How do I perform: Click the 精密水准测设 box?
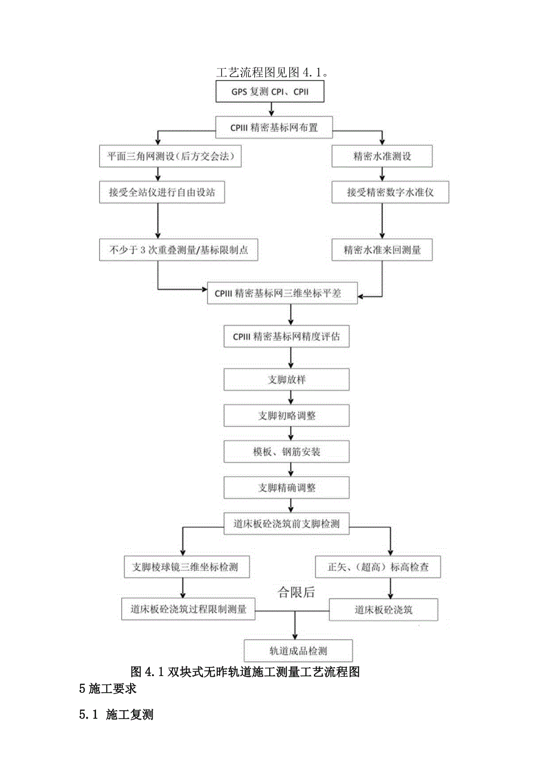click(x=382, y=157)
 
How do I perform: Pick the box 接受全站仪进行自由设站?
click(x=162, y=193)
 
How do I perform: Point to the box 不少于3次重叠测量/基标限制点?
click(x=178, y=250)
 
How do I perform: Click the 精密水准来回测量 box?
click(x=382, y=250)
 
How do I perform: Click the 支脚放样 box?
click(x=286, y=380)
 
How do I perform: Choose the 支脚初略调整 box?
click(x=286, y=416)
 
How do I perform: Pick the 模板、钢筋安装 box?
click(x=286, y=452)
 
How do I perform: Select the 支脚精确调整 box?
click(x=286, y=488)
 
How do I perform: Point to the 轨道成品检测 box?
click(x=298, y=650)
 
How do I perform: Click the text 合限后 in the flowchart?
click(x=296, y=592)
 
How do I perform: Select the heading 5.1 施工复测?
click(x=116, y=714)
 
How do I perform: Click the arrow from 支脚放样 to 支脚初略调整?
click(x=291, y=397)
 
